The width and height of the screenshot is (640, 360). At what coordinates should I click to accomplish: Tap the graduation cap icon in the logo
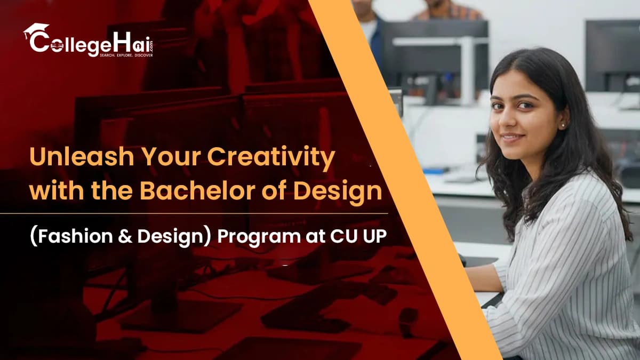36,30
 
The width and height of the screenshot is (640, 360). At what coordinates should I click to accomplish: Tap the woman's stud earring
562,125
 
